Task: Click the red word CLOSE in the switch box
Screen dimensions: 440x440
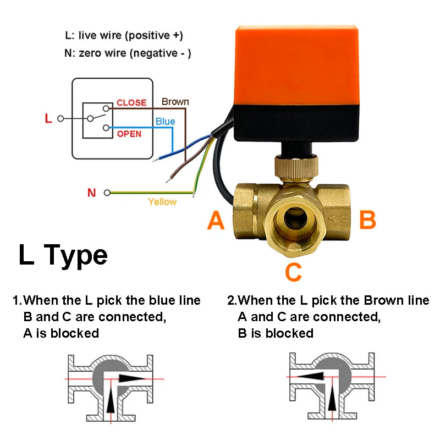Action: pyautogui.click(x=131, y=103)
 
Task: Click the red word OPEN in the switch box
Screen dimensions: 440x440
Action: pyautogui.click(x=129, y=134)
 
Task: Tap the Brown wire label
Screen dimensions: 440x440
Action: pyautogui.click(x=175, y=102)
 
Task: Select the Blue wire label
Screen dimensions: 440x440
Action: pyautogui.click(x=165, y=122)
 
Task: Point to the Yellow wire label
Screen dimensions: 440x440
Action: pyautogui.click(x=162, y=202)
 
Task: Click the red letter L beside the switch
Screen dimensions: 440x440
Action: pyautogui.click(x=48, y=118)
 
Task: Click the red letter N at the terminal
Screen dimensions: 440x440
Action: pyautogui.click(x=92, y=193)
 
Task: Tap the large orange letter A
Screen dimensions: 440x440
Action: pyautogui.click(x=216, y=221)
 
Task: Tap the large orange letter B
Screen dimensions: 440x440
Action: pyautogui.click(x=367, y=220)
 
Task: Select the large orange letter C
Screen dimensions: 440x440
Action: pyautogui.click(x=294, y=272)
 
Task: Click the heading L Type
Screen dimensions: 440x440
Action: pyautogui.click(x=63, y=255)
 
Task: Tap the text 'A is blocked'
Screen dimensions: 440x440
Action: pyautogui.click(x=61, y=333)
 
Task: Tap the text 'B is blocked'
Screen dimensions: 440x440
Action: pyautogui.click(x=276, y=333)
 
